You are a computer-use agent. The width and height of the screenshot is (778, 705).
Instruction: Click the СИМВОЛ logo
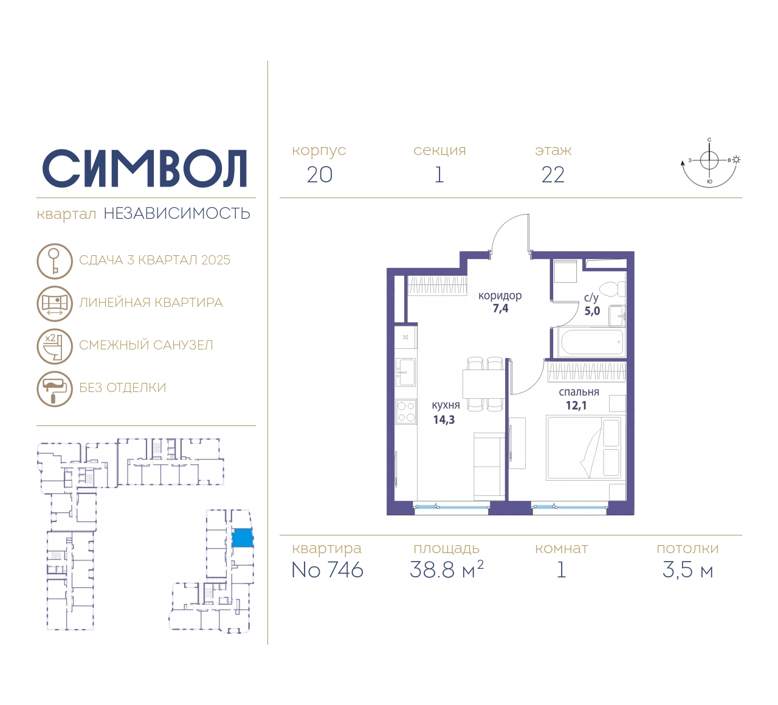click(x=144, y=168)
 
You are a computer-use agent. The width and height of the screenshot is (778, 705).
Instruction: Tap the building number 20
click(x=320, y=175)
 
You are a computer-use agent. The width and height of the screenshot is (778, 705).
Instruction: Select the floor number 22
click(x=553, y=175)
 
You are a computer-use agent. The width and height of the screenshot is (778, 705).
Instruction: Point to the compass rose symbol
click(x=710, y=163)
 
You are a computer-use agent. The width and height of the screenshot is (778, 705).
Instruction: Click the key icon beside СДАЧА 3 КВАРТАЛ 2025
click(x=55, y=261)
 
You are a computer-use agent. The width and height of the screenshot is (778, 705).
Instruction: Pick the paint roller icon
click(x=55, y=389)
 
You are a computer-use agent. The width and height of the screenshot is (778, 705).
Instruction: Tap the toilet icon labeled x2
click(x=55, y=346)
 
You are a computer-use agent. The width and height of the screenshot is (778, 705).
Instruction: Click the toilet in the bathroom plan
click(x=613, y=289)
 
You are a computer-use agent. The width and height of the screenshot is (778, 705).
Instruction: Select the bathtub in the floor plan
click(x=591, y=342)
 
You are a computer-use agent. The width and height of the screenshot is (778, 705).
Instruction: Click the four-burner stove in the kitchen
click(x=406, y=411)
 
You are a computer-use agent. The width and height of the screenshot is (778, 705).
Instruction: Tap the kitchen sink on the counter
click(x=405, y=373)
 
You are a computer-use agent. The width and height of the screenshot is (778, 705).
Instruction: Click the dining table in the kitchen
click(x=483, y=384)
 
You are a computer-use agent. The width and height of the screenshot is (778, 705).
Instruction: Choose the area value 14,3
click(x=444, y=419)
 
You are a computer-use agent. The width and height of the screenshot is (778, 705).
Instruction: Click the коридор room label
click(x=500, y=295)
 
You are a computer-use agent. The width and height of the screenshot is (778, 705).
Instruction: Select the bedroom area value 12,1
click(x=576, y=405)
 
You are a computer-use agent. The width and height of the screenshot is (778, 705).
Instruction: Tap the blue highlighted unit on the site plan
click(x=243, y=538)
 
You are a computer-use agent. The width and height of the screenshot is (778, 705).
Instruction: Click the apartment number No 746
click(x=328, y=570)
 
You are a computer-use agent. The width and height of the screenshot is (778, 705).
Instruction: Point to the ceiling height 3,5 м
click(x=687, y=570)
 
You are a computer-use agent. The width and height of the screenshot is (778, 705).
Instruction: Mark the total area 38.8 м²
click(x=447, y=569)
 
